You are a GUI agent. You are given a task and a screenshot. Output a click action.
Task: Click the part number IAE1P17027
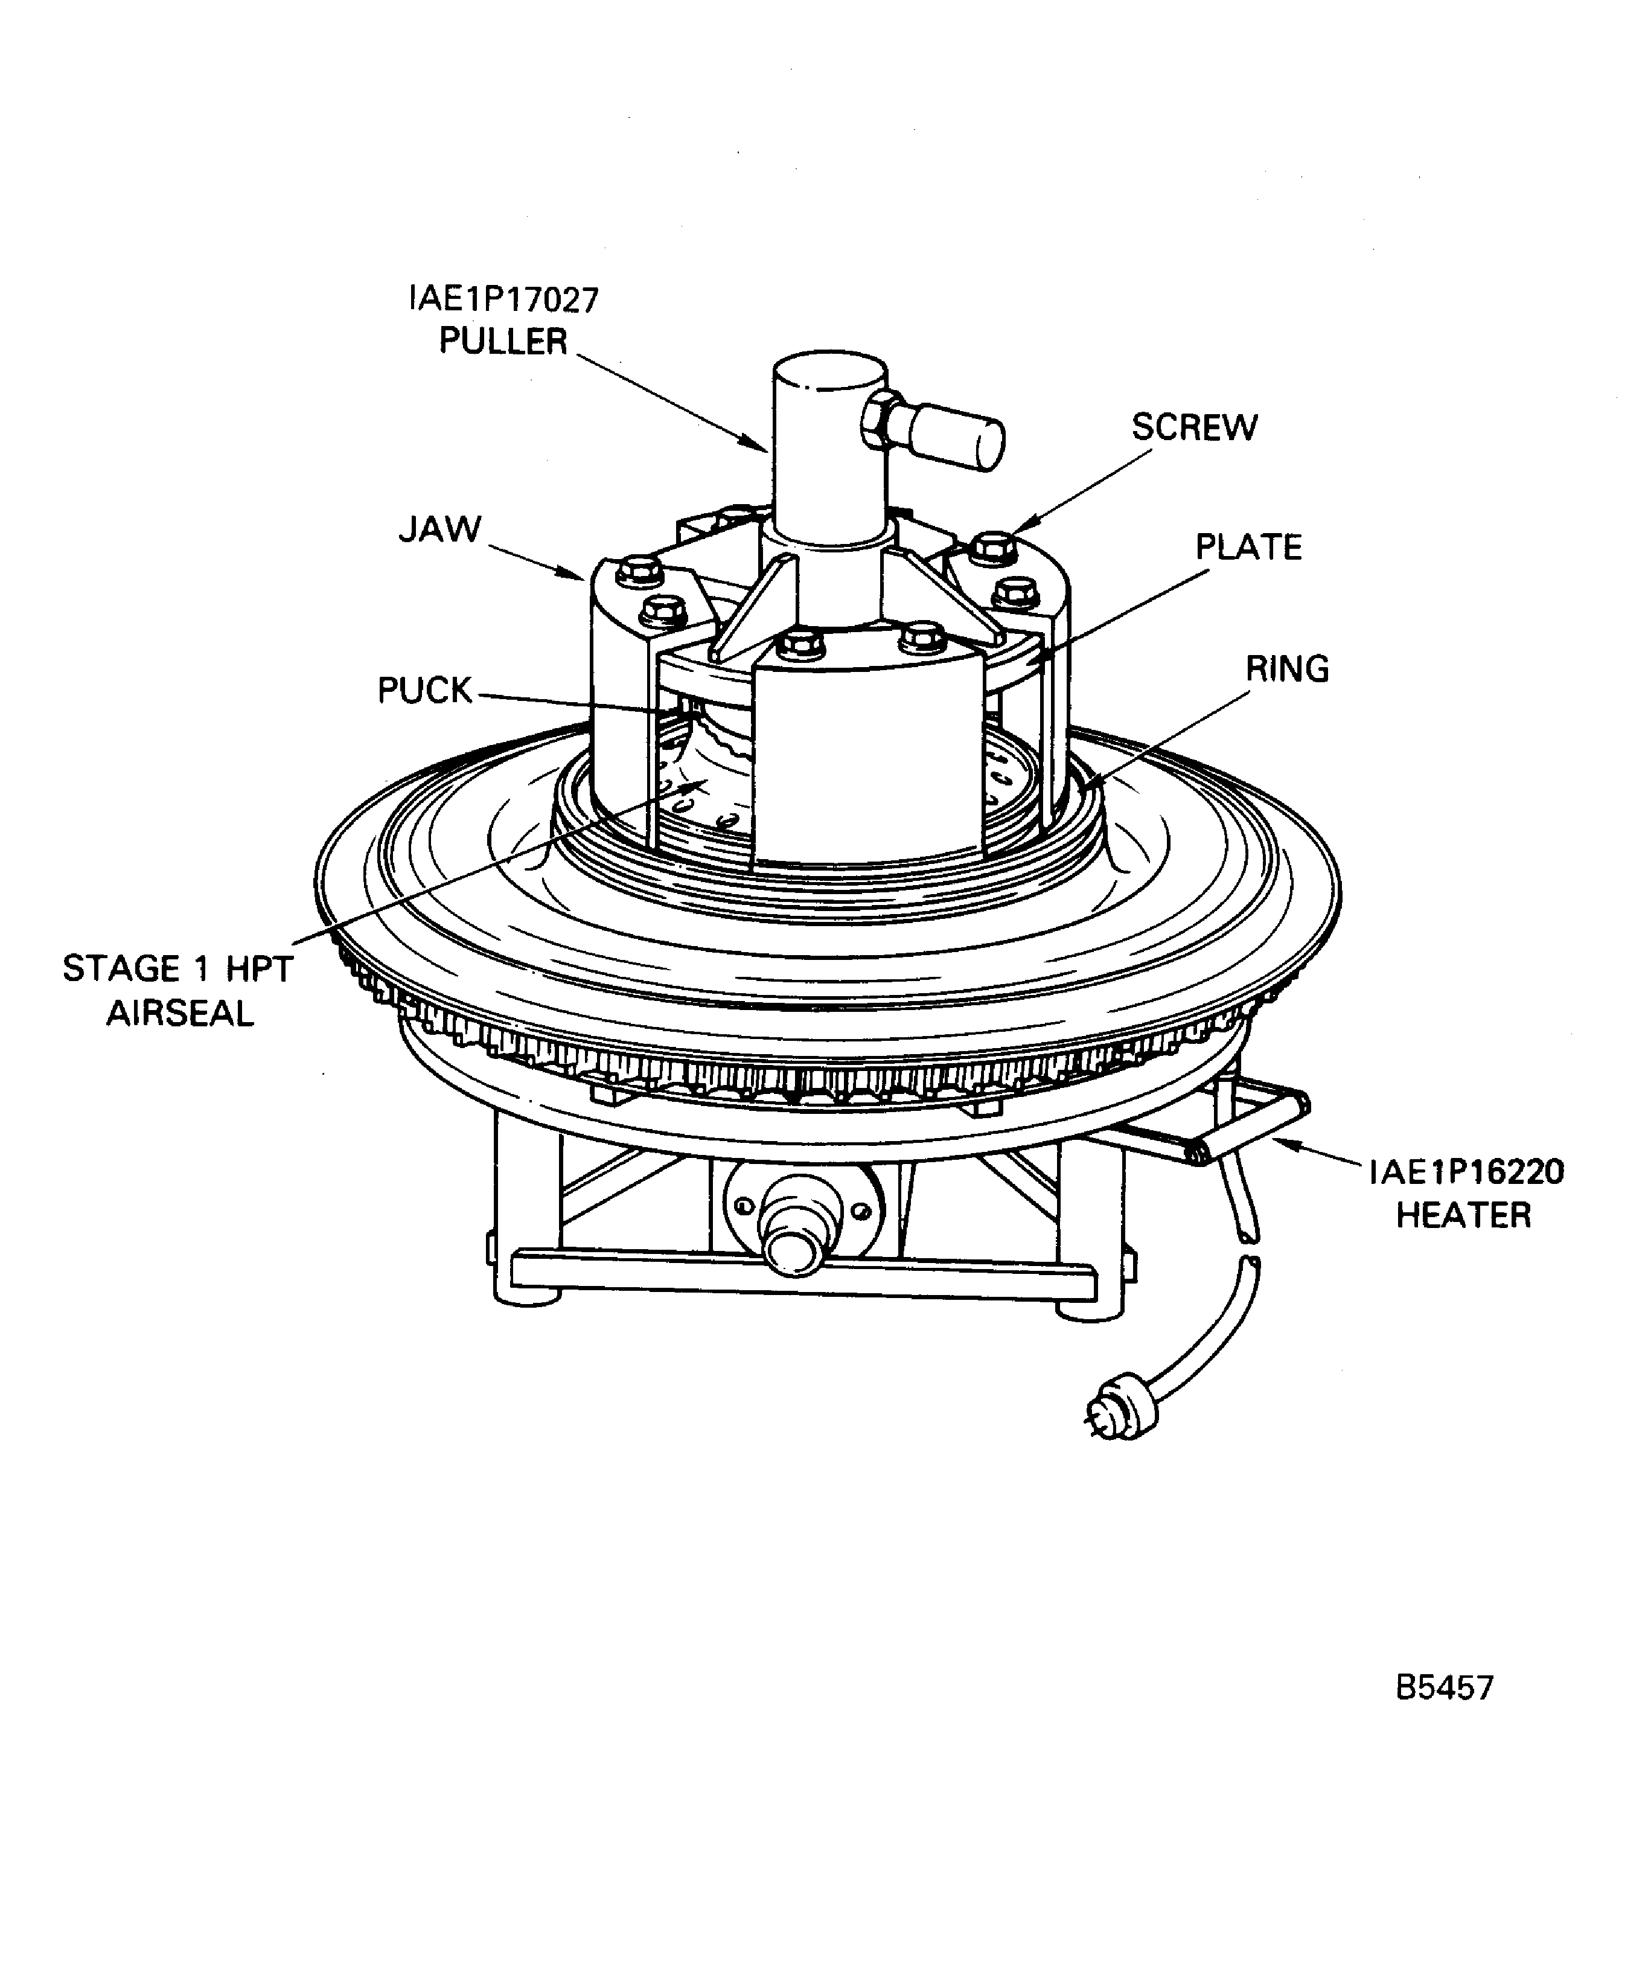(503, 300)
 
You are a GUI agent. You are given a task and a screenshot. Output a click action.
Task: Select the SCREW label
(1194, 428)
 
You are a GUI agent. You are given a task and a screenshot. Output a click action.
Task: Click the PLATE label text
(1248, 548)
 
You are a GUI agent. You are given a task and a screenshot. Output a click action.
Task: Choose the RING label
(1287, 670)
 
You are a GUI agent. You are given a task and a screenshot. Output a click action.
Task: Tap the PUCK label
(424, 691)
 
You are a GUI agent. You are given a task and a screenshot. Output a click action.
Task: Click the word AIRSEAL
(179, 1014)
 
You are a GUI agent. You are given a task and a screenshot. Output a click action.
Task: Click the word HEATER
(1463, 1216)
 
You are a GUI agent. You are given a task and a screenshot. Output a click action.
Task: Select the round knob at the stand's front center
(794, 1250)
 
